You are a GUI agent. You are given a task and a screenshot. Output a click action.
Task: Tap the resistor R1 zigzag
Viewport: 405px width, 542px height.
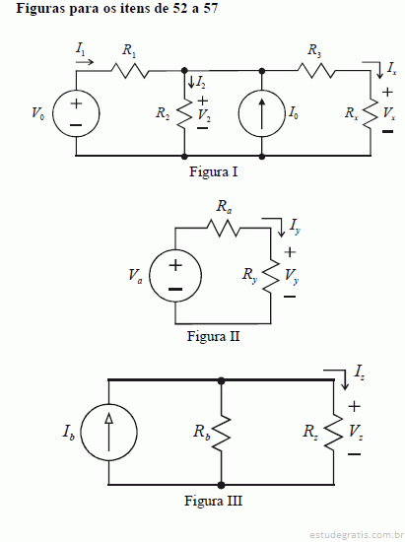click(130, 71)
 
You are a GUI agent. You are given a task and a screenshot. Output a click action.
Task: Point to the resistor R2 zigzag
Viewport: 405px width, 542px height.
click(184, 113)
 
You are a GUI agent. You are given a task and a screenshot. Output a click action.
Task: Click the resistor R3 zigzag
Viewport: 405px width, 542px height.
click(316, 71)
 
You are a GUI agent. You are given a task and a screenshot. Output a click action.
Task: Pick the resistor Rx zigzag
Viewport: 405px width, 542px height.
click(371, 113)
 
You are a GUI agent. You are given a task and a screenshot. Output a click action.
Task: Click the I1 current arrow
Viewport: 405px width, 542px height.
click(85, 62)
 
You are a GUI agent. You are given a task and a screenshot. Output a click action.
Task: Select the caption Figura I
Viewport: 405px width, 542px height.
click(213, 171)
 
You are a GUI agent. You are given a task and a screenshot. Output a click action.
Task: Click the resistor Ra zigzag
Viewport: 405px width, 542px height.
click(223, 229)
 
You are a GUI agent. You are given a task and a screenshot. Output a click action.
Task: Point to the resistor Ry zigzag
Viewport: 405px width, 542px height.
click(271, 276)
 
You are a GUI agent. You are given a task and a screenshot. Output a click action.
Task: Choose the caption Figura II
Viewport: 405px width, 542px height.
click(213, 336)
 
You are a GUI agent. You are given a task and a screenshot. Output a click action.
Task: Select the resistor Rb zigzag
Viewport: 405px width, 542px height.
click(221, 434)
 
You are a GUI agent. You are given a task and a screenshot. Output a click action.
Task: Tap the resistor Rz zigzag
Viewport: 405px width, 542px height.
click(334, 434)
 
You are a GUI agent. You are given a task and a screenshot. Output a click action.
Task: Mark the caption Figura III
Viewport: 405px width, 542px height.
click(213, 501)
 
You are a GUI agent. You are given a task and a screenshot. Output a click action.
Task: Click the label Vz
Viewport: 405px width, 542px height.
click(356, 432)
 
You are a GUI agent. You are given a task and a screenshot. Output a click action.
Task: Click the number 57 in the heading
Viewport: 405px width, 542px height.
click(211, 8)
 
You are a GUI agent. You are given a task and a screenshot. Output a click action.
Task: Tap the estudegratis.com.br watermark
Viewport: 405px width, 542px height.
click(355, 535)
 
